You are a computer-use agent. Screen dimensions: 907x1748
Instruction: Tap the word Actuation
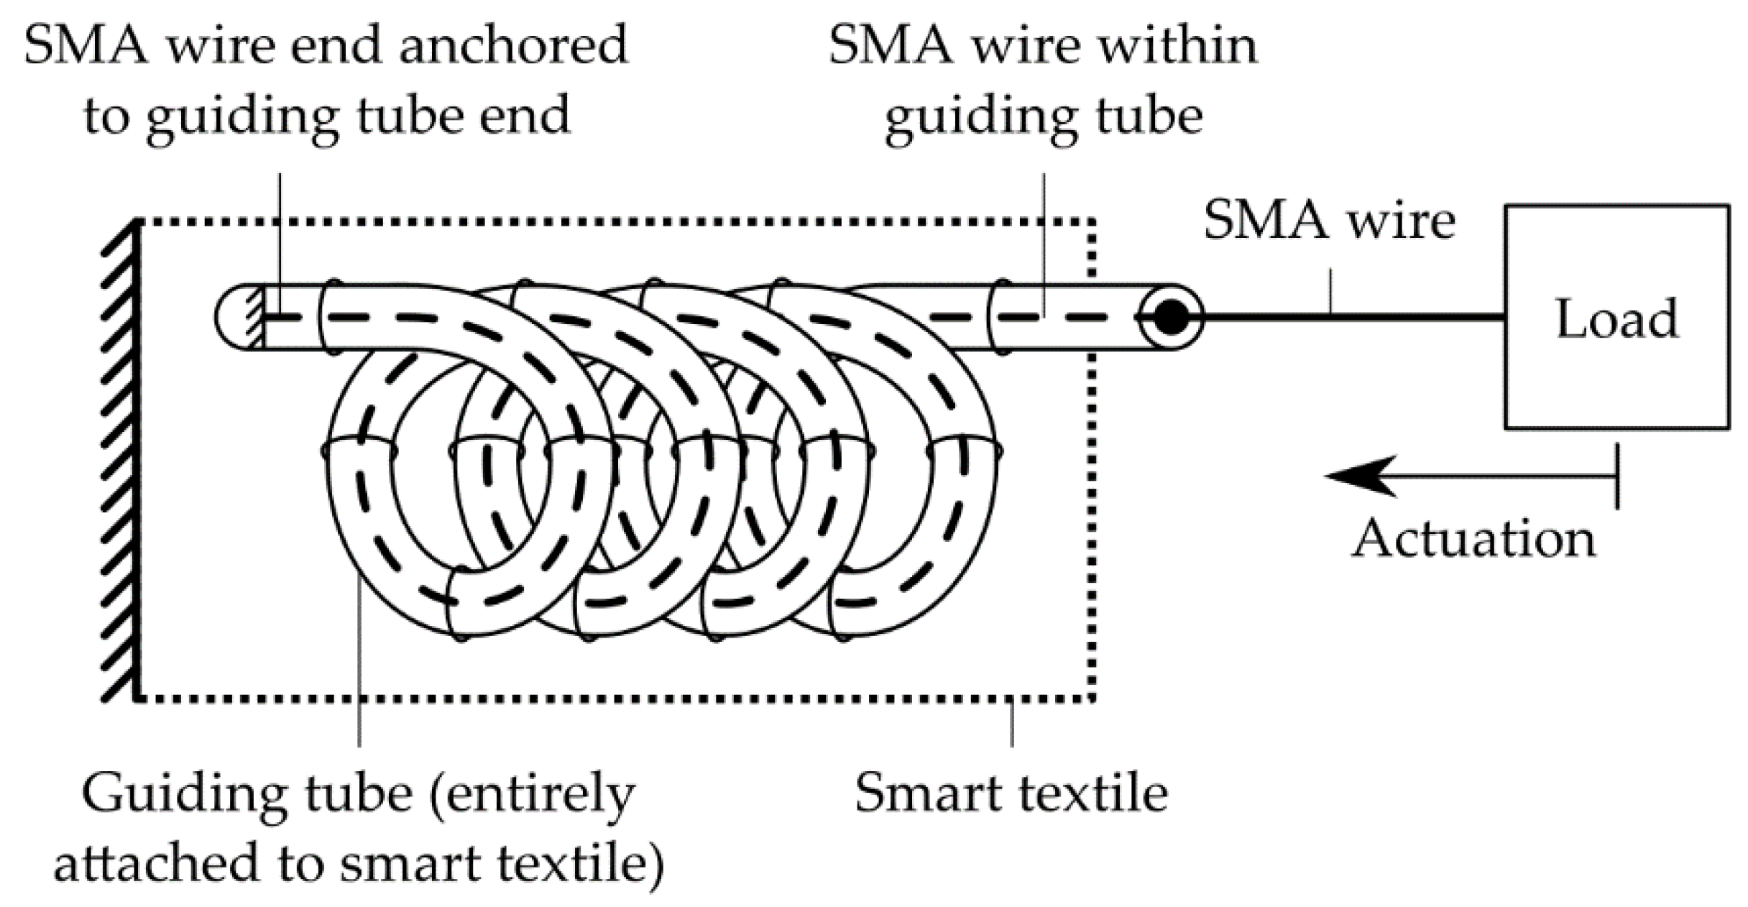pyautogui.click(x=1473, y=539)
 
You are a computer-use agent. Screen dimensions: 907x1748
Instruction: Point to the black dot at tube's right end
pyautogui.click(x=1170, y=317)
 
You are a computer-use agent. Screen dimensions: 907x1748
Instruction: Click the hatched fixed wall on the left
pyautogui.click(x=119, y=460)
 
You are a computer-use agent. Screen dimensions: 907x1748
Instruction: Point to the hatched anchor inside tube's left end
pyautogui.click(x=254, y=318)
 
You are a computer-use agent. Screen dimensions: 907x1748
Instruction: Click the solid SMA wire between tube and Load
pyautogui.click(x=1351, y=316)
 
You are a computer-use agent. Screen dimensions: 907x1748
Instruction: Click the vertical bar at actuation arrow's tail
pyautogui.click(x=1617, y=476)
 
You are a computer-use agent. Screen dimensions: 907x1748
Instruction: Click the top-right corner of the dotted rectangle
pyautogui.click(x=1092, y=223)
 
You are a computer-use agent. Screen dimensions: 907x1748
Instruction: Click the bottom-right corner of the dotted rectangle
pyautogui.click(x=1092, y=697)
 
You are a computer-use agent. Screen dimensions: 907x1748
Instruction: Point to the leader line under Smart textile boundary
pyautogui.click(x=1012, y=722)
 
